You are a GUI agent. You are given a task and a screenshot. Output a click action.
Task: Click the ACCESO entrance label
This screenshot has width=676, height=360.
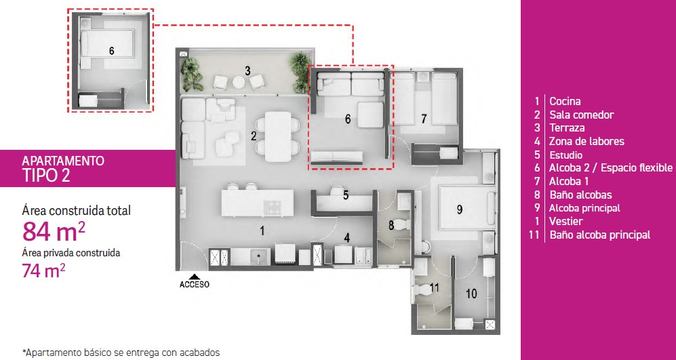point(195,285)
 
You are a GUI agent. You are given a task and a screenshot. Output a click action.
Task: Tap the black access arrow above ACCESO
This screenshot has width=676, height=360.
point(195,277)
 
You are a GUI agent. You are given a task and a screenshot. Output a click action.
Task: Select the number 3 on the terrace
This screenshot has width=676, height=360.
point(247,71)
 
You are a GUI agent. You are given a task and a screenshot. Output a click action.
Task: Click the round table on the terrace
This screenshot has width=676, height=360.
point(239,81)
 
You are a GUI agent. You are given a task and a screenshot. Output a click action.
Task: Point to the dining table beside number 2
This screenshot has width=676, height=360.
point(278,137)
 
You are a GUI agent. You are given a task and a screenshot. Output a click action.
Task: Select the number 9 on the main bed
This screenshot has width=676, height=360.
point(460,209)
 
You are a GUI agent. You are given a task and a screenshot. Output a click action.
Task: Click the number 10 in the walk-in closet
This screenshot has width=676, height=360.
point(472,294)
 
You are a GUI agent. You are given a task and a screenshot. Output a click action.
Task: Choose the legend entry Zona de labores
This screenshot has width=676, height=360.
point(586,141)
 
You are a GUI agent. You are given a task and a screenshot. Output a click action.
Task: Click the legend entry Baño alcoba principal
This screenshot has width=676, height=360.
point(599,235)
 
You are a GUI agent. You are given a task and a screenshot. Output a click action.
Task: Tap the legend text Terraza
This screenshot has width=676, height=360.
point(567,128)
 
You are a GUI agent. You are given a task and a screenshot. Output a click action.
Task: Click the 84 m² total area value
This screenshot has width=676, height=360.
point(54,231)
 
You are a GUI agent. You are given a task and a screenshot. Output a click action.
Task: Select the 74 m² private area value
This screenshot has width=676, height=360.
point(43,271)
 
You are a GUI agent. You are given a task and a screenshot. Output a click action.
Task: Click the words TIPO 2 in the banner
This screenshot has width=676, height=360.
point(45,176)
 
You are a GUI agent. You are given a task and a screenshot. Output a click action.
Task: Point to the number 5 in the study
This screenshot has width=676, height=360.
point(346,195)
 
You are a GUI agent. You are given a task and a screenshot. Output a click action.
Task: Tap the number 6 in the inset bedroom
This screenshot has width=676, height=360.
point(112,51)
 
